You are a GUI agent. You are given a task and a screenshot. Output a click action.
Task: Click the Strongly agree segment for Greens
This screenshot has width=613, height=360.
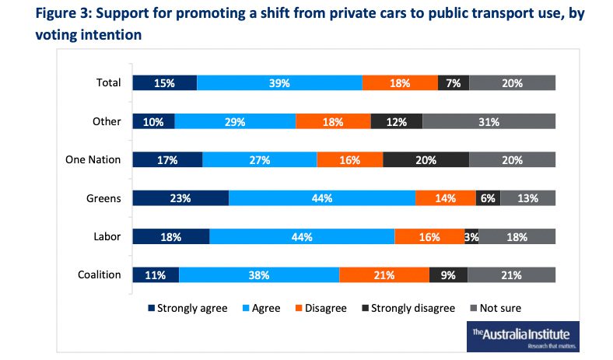180,197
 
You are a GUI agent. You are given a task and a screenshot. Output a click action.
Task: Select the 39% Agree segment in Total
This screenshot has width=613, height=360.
279,83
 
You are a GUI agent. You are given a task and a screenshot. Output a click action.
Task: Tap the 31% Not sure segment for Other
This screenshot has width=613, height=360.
489,121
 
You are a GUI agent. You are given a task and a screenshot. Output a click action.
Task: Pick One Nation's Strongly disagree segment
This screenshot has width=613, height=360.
426,159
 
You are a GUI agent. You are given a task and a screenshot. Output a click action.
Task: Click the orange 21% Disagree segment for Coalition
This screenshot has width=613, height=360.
384,274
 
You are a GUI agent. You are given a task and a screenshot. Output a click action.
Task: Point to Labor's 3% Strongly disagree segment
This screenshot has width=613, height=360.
471,236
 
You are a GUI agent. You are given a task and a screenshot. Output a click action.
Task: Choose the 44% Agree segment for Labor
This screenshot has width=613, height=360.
302,236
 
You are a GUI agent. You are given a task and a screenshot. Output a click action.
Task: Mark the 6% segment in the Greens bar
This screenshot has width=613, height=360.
488,197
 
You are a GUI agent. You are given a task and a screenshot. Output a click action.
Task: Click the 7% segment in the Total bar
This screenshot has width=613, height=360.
454,83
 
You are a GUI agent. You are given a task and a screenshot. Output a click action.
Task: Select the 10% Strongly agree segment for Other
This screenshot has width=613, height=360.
153,121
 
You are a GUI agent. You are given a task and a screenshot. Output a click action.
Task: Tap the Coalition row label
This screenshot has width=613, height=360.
99,274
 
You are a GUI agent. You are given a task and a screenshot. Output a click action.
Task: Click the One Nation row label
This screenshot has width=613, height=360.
93,159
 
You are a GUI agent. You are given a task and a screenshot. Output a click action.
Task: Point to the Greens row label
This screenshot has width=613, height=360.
103,197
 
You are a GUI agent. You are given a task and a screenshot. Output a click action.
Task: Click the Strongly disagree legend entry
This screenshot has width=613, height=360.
407,308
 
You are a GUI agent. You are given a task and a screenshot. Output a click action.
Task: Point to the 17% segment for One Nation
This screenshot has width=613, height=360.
167,159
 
